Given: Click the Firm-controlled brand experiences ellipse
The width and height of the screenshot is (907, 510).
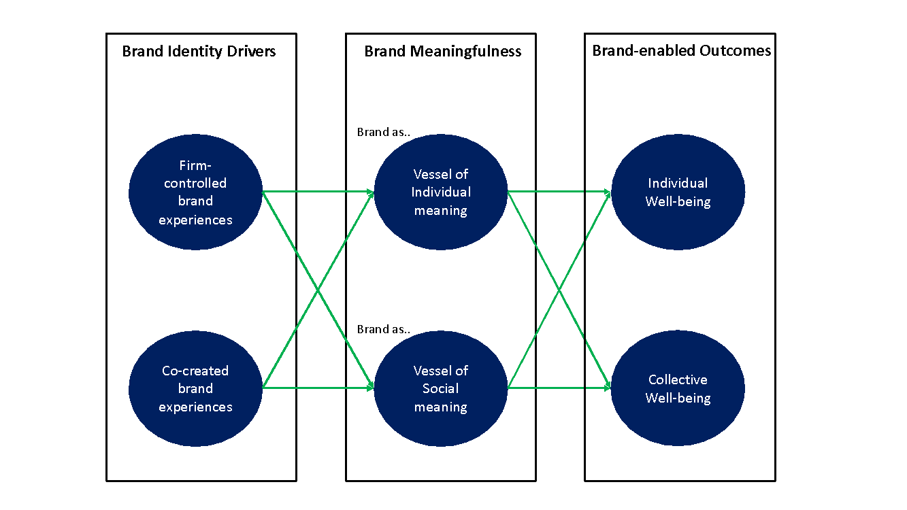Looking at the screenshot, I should [x=195, y=192].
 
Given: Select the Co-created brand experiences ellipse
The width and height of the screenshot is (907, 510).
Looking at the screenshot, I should [x=195, y=388].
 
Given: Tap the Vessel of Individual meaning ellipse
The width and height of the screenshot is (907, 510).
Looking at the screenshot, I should [x=440, y=192].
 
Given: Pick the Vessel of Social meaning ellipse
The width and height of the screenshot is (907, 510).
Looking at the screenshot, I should [x=440, y=388].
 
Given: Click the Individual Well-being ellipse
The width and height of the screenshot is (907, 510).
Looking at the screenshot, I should [x=678, y=192].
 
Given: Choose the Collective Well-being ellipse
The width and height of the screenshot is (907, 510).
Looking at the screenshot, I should [x=678, y=388].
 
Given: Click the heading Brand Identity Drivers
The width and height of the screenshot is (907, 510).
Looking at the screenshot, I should [x=199, y=51].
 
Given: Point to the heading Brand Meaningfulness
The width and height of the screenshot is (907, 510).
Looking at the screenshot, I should [x=442, y=51].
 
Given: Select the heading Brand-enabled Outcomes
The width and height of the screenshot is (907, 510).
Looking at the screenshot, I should [x=682, y=51].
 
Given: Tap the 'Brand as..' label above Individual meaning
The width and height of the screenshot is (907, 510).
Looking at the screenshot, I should [x=384, y=132].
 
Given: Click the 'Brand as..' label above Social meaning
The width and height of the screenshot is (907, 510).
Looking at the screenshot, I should [x=384, y=329].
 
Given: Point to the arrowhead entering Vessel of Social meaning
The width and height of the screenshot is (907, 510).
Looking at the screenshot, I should [x=371, y=388].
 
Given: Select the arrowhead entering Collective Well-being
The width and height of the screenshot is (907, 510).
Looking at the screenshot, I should [x=608, y=388].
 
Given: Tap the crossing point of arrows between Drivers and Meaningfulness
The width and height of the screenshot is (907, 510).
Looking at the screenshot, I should [x=318, y=290].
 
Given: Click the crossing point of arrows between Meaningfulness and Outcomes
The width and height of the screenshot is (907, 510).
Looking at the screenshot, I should [x=559, y=290].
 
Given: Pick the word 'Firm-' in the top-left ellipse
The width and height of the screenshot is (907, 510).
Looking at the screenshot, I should [x=195, y=165].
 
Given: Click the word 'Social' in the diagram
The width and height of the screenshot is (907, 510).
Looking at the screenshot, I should [x=440, y=388].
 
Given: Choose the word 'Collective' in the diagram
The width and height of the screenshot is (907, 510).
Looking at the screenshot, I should [x=678, y=379].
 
